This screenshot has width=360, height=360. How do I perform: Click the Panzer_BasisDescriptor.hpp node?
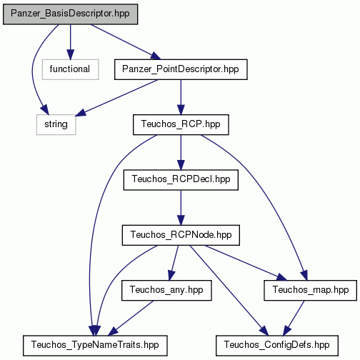(x=70, y=14)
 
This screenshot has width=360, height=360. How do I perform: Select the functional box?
(x=70, y=69)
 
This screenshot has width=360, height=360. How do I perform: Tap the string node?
(x=56, y=124)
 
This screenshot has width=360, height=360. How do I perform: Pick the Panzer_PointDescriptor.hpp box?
(x=181, y=69)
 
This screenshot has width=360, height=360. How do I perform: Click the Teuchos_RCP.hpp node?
(x=181, y=124)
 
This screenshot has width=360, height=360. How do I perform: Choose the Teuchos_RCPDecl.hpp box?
(x=181, y=180)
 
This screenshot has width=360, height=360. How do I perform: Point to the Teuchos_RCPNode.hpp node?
(x=181, y=235)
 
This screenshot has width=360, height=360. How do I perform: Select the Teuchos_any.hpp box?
(x=166, y=290)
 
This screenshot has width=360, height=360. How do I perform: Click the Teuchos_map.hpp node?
(x=310, y=290)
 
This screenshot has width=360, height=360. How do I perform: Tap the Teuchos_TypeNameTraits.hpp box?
(x=95, y=346)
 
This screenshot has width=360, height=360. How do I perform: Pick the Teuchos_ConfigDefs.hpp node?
(x=277, y=346)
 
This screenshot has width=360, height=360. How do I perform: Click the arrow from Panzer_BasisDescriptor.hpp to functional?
(x=70, y=42)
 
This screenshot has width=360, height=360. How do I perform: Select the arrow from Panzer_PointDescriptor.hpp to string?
(x=116, y=98)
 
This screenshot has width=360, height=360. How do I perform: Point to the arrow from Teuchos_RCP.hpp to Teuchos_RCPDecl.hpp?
(x=181, y=152)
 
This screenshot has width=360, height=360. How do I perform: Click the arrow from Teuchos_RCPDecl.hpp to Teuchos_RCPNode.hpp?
(x=181, y=208)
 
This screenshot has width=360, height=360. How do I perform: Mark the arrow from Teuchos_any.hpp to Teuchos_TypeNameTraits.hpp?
(x=131, y=318)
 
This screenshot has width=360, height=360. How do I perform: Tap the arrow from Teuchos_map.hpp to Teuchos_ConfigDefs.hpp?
(x=294, y=318)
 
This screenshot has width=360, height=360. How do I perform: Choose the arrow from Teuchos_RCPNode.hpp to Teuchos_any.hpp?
(x=174, y=263)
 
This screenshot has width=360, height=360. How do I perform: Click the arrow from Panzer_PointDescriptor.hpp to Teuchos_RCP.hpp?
(x=181, y=97)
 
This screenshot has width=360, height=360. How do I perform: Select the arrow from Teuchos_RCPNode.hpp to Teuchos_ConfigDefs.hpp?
(x=229, y=291)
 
